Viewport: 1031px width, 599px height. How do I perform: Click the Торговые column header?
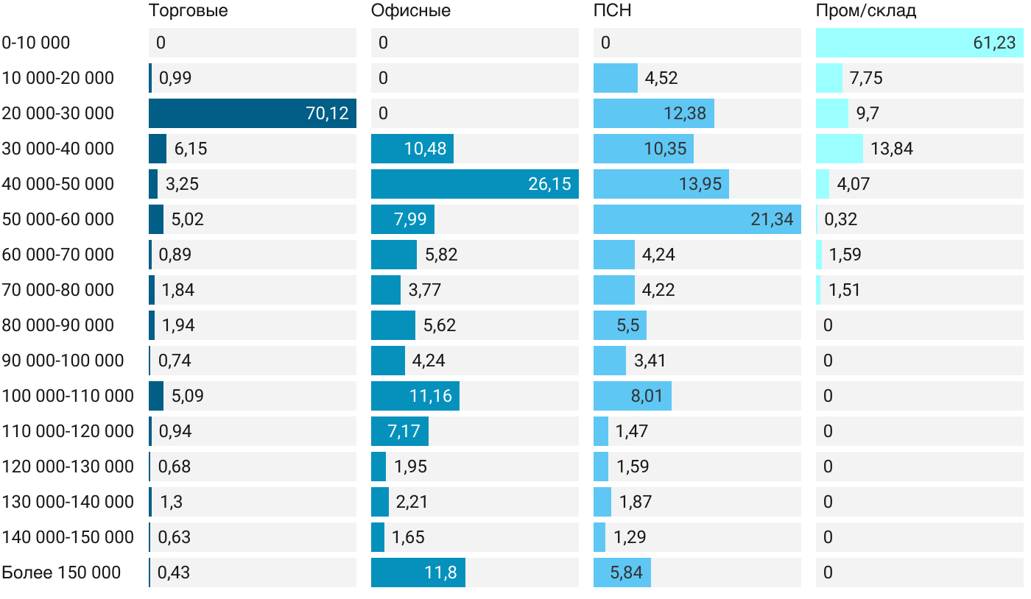[x=188, y=11]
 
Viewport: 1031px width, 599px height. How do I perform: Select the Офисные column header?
[x=411, y=11]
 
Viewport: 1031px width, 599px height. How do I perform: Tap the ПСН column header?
[x=613, y=11]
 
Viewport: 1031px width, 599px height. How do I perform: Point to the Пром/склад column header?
[x=866, y=11]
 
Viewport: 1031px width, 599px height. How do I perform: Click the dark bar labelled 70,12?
[x=252, y=113]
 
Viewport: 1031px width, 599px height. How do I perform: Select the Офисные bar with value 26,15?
[x=474, y=184]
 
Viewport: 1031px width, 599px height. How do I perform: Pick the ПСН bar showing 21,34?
[x=697, y=219]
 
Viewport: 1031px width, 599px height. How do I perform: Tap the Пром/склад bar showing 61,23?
[x=919, y=43]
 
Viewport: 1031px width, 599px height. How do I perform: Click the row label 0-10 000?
[x=36, y=43]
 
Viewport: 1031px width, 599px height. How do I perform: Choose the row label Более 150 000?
[x=61, y=573]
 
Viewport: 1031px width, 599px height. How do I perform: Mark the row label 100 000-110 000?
[x=68, y=396]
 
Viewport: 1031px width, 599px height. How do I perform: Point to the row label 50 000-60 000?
[x=58, y=219]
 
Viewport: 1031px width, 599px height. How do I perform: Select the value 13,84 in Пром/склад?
[x=891, y=149]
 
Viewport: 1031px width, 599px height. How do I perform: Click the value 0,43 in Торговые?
[x=173, y=573]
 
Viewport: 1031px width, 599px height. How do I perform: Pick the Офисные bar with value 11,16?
[x=415, y=396]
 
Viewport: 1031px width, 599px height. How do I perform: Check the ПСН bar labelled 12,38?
[x=654, y=113]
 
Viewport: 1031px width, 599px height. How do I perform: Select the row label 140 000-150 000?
[x=68, y=537]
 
